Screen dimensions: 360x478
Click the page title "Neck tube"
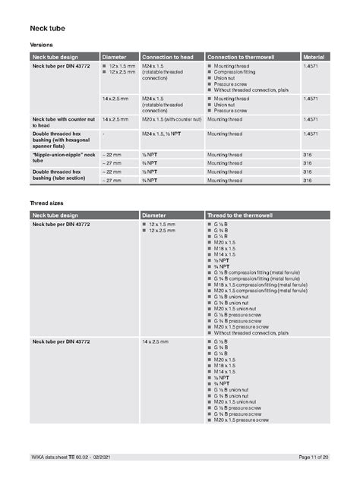tap(47, 28)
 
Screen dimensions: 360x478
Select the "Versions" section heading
tap(41, 46)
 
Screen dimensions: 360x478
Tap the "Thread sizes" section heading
tap(46, 203)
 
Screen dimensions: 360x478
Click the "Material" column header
tap(314, 57)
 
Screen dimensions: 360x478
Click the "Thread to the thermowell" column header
tap(243, 216)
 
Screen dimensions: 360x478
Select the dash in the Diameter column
tap(103, 134)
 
